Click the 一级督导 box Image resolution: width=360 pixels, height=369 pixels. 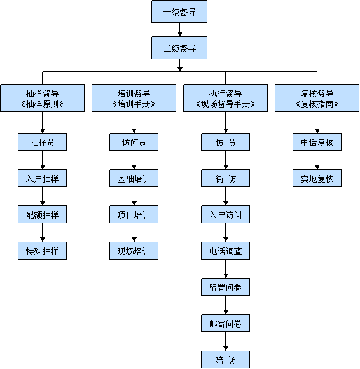179,11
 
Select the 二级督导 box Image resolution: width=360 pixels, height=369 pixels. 179,48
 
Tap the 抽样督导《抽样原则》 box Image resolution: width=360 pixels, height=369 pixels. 43,98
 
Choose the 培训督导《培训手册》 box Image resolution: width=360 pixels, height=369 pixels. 134,98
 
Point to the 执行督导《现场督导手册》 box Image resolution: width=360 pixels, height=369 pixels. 225,98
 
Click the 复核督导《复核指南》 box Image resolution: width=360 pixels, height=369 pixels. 317,98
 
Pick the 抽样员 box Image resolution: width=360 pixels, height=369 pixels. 43,142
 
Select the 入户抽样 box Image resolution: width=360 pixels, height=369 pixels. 43,178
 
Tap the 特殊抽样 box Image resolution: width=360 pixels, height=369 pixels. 43,251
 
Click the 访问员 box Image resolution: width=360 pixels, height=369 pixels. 134,142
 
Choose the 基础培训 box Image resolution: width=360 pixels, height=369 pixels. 134,178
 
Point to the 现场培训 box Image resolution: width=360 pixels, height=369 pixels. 134,251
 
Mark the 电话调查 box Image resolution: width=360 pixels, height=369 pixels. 225,251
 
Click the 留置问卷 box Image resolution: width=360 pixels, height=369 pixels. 225,287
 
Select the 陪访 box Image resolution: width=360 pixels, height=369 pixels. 225,359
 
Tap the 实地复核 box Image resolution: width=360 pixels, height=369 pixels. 317,178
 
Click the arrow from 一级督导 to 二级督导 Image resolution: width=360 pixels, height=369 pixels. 180,30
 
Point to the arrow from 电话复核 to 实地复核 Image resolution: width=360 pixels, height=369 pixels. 317,160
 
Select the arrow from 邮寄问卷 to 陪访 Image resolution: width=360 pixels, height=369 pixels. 225,341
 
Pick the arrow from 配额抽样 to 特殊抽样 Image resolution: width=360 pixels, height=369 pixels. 43,232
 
